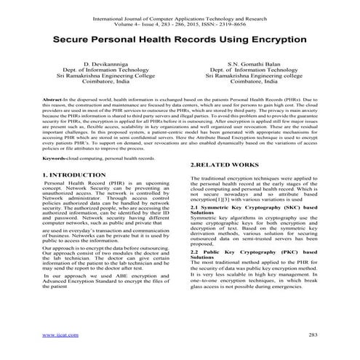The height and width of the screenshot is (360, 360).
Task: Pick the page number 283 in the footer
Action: (313, 335)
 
